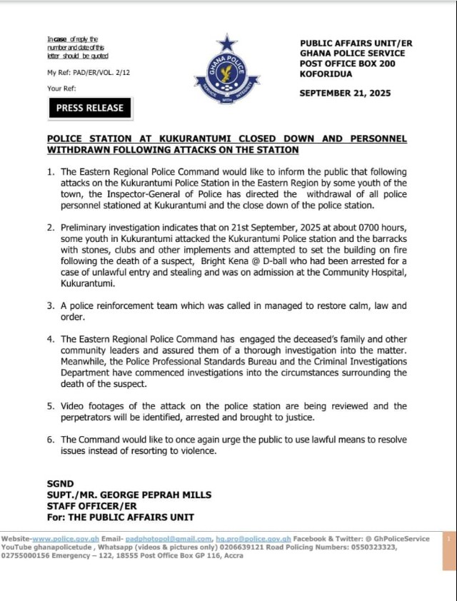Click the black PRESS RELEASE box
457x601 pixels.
[x=90, y=108]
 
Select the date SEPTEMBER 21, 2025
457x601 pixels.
[x=345, y=93]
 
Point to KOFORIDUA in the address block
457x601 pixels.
[x=326, y=74]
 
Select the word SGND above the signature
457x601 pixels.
[x=59, y=484]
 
